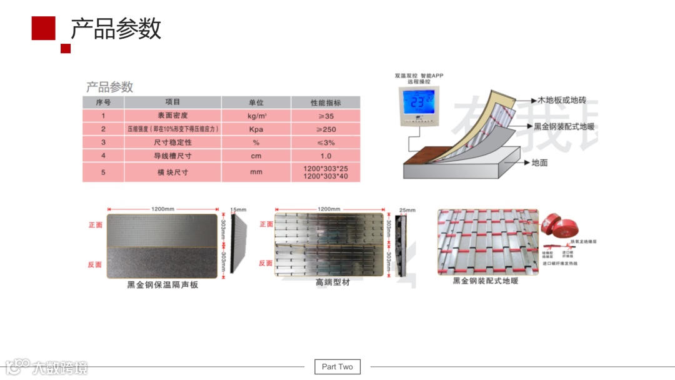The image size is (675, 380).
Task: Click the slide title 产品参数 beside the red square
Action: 116,29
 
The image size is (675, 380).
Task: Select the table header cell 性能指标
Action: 326,102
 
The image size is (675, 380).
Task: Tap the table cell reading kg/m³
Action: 256,116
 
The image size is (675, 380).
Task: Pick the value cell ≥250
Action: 326,129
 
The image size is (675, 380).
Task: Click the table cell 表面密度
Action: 172,116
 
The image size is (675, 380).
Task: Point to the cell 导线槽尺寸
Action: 172,156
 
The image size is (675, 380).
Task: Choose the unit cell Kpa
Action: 256,129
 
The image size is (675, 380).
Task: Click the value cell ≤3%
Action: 326,142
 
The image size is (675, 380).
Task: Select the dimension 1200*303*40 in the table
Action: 326,177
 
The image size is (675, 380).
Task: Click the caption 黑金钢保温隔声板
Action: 162,285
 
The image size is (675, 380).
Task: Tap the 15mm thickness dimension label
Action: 238,209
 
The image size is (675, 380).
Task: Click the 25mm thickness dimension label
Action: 407,209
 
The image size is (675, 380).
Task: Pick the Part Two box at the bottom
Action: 337,367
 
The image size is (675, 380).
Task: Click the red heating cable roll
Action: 552,224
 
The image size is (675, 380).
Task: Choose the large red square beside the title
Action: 44,27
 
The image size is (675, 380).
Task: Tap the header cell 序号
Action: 103,102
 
